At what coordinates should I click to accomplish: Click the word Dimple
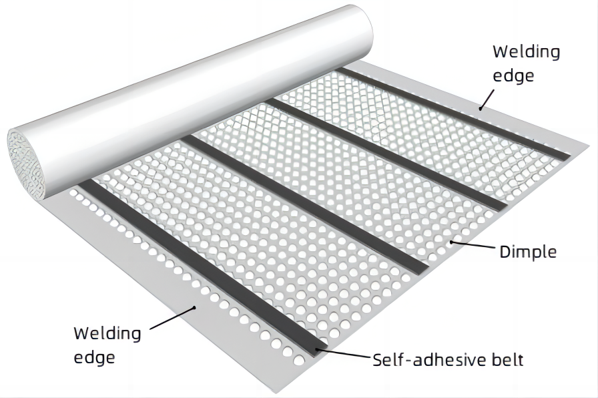tap(527, 252)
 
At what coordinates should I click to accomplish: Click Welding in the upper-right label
tap(526, 52)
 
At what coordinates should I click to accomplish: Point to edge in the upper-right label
tap(513, 75)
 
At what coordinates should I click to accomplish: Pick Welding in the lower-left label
tap(107, 333)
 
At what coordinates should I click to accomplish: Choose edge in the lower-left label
tap(94, 357)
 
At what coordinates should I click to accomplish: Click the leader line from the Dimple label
tap(473, 246)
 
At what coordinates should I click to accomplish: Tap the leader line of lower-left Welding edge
tap(172, 318)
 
